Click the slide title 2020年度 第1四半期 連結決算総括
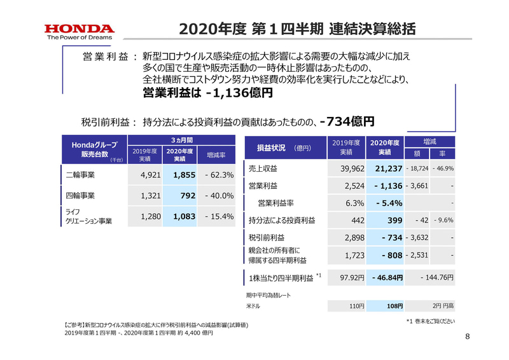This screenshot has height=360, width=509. (x=298, y=29)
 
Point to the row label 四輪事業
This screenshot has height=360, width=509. (x=81, y=195)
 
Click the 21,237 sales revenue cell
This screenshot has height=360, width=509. (x=386, y=169)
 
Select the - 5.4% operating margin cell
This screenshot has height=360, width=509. (x=387, y=204)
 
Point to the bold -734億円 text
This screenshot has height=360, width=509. (x=347, y=120)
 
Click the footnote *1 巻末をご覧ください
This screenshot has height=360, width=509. (x=430, y=321)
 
